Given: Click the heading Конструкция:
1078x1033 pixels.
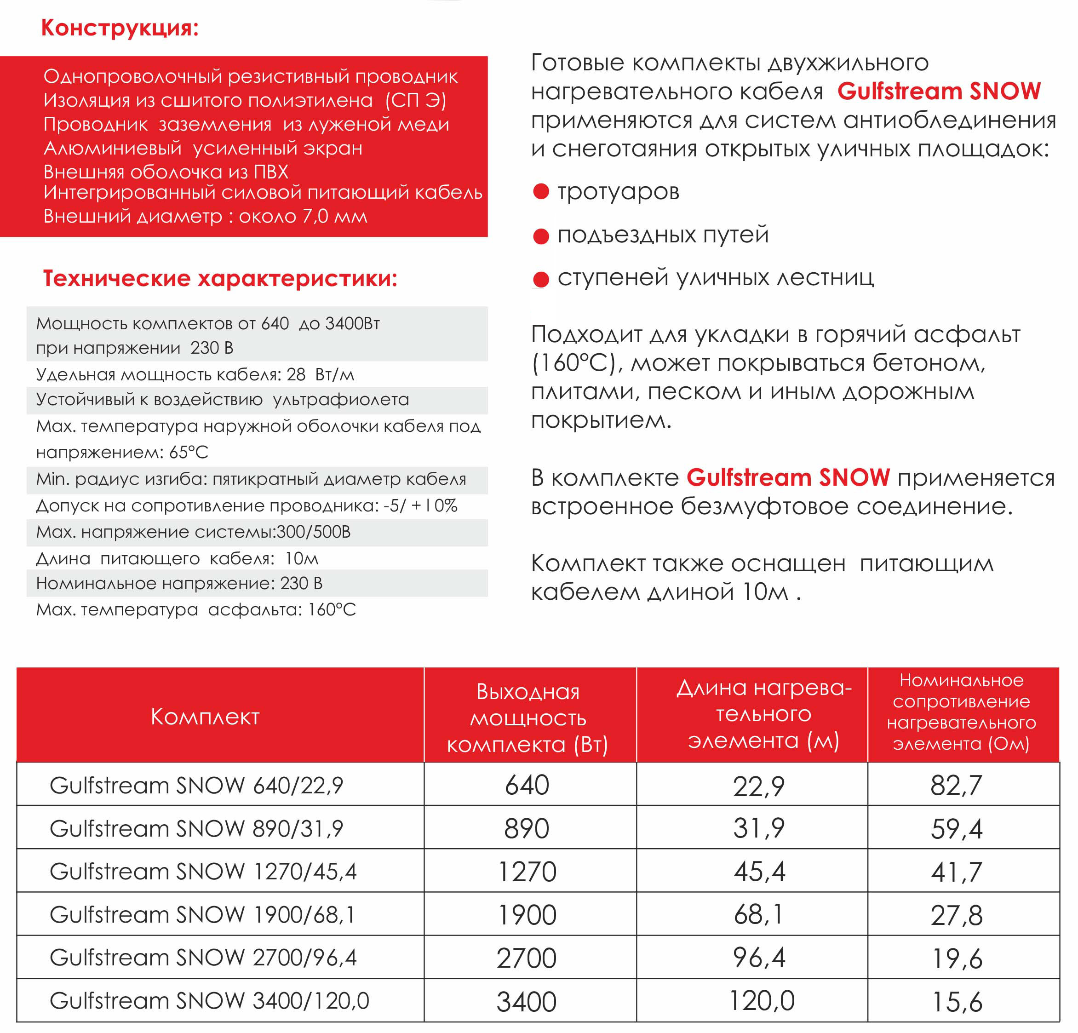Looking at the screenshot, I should click(x=120, y=28).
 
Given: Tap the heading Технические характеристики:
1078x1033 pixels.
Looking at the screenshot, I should click(x=220, y=278).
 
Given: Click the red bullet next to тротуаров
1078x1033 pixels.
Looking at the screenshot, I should click(x=541, y=191).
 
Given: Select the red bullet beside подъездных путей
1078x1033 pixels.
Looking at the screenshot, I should click(x=541, y=236).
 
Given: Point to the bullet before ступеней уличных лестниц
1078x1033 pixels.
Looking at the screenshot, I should click(x=541, y=280).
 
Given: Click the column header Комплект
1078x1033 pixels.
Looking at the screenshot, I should click(x=205, y=717).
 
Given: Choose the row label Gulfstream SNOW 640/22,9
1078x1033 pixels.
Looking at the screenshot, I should click(x=196, y=786).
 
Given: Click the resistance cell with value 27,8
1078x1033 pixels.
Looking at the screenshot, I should click(x=957, y=915).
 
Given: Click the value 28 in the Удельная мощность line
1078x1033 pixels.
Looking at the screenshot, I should click(x=296, y=374).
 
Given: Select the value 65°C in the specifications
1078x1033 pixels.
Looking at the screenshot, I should click(x=189, y=452).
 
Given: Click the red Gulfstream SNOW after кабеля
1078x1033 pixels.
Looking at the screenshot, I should click(x=939, y=92).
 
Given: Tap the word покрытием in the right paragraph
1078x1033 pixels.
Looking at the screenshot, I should click(x=601, y=420).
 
